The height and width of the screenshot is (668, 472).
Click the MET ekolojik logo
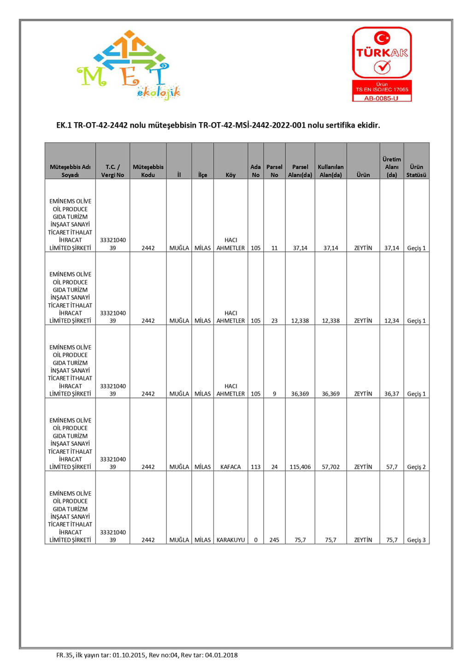pyautogui.click(x=129, y=66)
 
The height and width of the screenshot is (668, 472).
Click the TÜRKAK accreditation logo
pyautogui.click(x=382, y=64)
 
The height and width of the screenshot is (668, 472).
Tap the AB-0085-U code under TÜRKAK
pyautogui.click(x=381, y=98)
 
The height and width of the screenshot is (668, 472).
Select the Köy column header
pyautogui.click(x=230, y=175)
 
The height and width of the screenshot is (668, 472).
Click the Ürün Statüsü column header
pyautogui.click(x=416, y=171)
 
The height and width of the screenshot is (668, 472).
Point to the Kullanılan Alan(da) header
pyautogui.click(x=330, y=171)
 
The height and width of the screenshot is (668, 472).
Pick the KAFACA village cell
pyautogui.click(x=230, y=467)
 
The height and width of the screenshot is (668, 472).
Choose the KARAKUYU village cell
pyautogui.click(x=230, y=540)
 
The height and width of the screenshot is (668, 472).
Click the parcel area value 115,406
pyautogui.click(x=300, y=467)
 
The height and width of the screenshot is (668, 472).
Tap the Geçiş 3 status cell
pyautogui.click(x=416, y=540)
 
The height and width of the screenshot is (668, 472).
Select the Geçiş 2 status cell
pyautogui.click(x=416, y=467)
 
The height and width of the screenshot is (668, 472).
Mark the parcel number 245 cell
pyautogui.click(x=274, y=540)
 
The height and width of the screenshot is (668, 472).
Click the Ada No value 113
pyautogui.click(x=256, y=467)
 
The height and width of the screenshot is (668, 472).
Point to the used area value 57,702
pyautogui.click(x=330, y=467)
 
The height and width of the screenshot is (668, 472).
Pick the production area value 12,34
pyautogui.click(x=392, y=320)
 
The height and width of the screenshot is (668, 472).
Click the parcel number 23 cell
pyautogui.click(x=274, y=320)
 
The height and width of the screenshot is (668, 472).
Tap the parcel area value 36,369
pyautogui.click(x=300, y=394)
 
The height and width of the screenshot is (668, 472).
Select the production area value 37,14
pyautogui.click(x=392, y=248)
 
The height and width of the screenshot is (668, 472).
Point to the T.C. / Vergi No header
pyautogui.click(x=112, y=171)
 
